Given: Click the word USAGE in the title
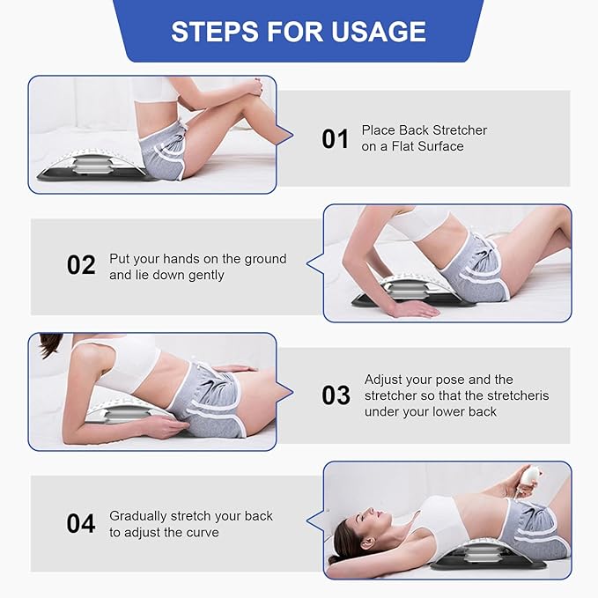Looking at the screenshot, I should pos(380,32).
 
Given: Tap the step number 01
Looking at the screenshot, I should pos(335,139).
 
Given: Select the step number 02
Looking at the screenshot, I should pos(81,265).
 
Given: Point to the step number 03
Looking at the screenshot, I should pos(335,395).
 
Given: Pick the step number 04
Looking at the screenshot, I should pos(81,523).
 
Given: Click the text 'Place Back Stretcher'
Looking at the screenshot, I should pos(424,130).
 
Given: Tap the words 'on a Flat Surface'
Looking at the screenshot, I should pos(412,146).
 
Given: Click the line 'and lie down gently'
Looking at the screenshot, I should pos(166,275).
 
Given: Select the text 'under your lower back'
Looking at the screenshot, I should pos(430,411).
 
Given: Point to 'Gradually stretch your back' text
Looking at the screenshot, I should pos(191,515).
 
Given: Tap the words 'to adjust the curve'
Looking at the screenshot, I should pos(164,532).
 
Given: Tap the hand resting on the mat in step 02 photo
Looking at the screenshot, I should pos(415,308).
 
